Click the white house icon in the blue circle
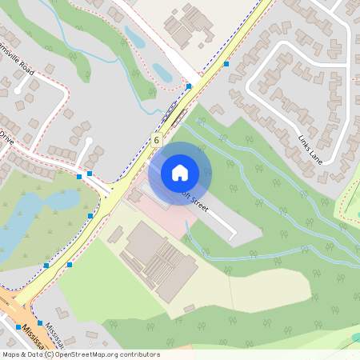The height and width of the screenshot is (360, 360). [x=180, y=172]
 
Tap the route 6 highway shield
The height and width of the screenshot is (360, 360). [x=156, y=140]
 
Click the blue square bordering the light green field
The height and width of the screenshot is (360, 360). [x=70, y=264]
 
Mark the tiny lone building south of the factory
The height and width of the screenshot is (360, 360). [x=189, y=307]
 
